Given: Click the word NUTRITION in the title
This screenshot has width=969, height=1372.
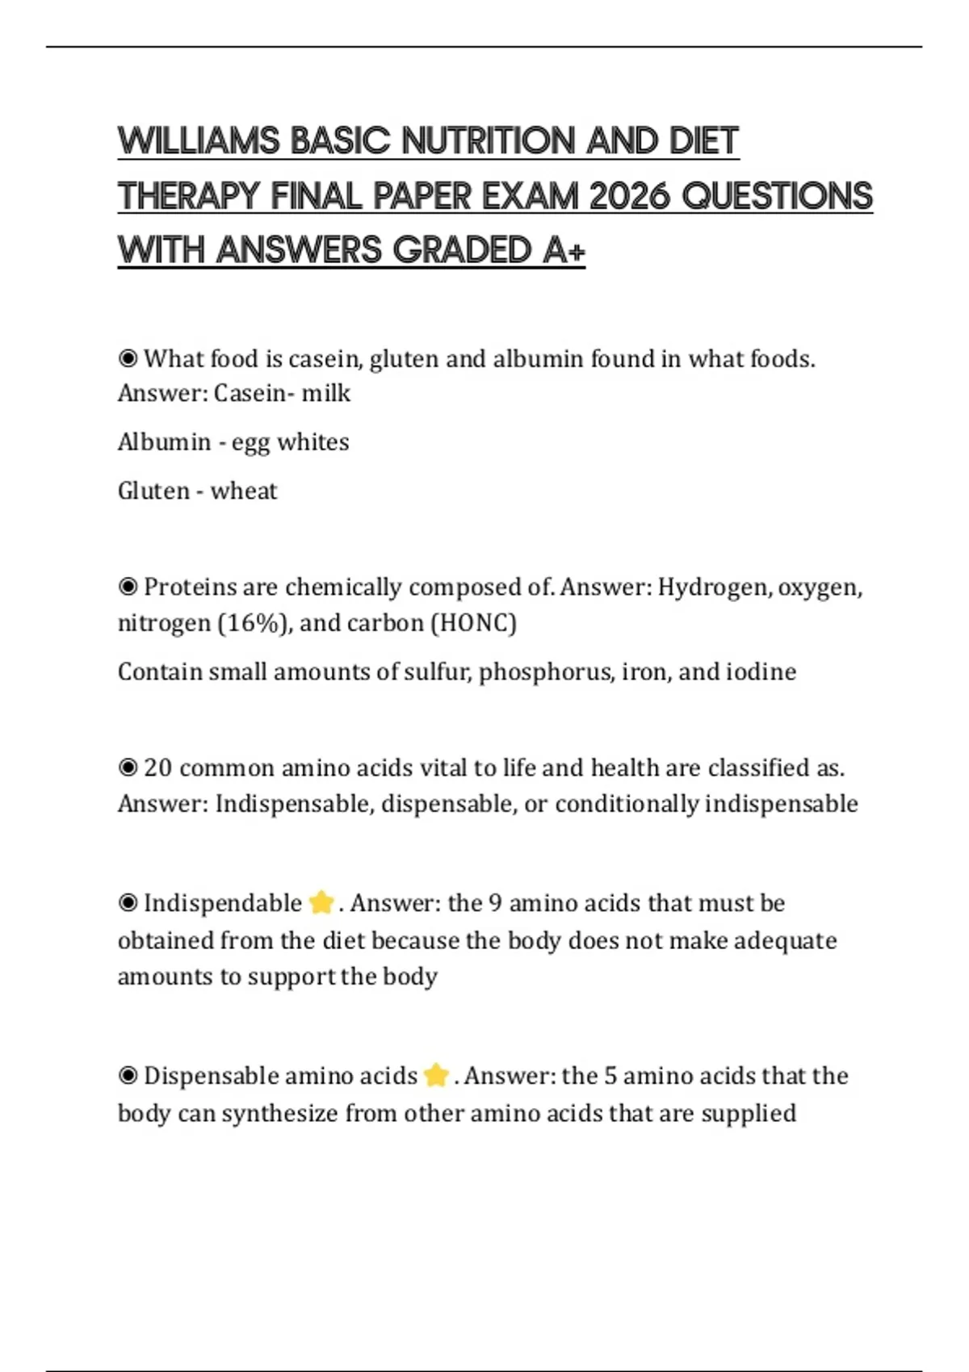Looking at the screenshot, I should pyautogui.click(x=489, y=141).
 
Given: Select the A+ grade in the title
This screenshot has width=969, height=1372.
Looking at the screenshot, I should pyautogui.click(x=564, y=250).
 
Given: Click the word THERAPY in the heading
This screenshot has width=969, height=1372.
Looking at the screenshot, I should pyautogui.click(x=188, y=196).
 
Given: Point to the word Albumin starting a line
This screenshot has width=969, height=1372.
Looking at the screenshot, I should pyautogui.click(x=164, y=442).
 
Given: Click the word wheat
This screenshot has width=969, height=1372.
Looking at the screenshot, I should pyautogui.click(x=244, y=491).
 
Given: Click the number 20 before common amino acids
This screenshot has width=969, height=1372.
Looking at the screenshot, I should pyautogui.click(x=157, y=768).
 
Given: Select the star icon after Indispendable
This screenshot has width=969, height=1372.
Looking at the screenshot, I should pyautogui.click(x=321, y=902).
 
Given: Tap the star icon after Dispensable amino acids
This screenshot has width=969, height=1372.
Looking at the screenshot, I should pyautogui.click(x=436, y=1075).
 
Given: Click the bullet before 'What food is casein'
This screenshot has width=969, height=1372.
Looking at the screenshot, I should pyautogui.click(x=128, y=358).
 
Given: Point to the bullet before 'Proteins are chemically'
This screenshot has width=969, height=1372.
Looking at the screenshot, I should pyautogui.click(x=128, y=587).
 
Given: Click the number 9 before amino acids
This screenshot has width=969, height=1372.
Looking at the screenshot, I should pyautogui.click(x=496, y=903).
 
